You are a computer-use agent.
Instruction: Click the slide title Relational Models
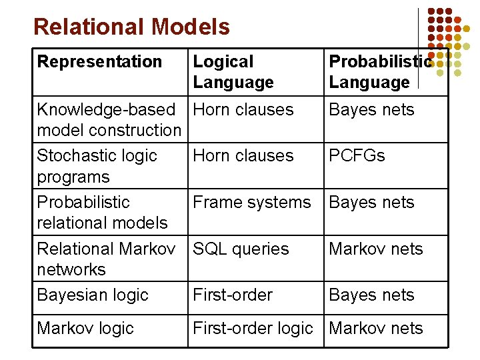[131, 27]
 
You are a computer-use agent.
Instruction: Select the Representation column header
[99, 62]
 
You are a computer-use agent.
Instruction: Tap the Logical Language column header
[233, 72]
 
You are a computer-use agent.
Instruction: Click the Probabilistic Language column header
[380, 72]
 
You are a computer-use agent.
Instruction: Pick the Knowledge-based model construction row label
[109, 119]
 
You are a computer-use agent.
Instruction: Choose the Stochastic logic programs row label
[97, 166]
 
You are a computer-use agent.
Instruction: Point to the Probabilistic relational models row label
[102, 212]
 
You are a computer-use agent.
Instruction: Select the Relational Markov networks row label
[106, 259]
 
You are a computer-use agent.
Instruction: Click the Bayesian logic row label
[93, 295]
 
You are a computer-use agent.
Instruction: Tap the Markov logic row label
[85, 329]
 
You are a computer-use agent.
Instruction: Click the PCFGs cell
[357, 156]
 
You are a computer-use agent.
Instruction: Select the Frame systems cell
[251, 203]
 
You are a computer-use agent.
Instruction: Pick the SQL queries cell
[241, 249]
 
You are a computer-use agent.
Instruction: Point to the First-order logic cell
[253, 329]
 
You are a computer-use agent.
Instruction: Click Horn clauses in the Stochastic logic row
[243, 156]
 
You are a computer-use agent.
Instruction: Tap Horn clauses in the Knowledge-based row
[243, 110]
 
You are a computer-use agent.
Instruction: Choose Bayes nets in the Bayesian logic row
[371, 295]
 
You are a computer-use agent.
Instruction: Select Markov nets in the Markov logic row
[376, 329]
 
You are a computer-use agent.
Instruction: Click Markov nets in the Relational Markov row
[376, 249]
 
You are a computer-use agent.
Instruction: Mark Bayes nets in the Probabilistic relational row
[371, 203]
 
